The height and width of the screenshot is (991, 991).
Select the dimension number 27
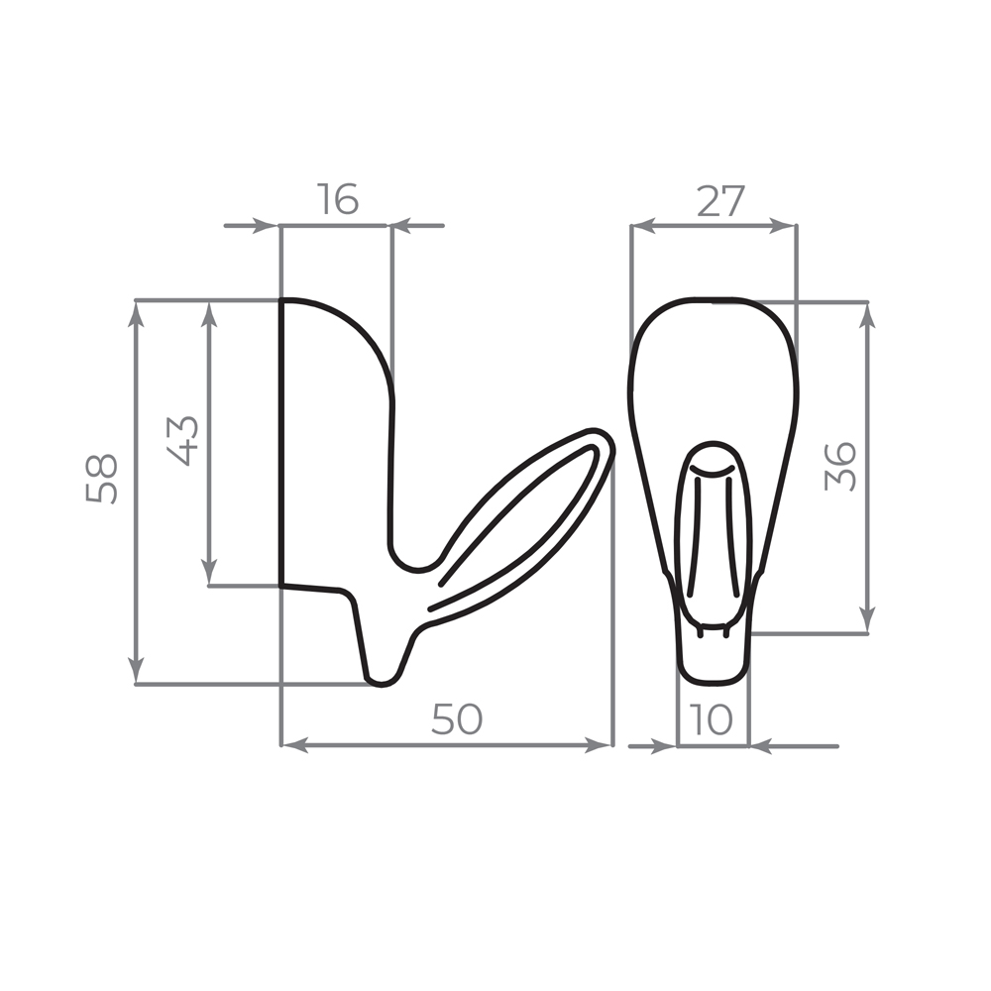[x=720, y=201]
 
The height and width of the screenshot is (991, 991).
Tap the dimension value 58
[x=102, y=479]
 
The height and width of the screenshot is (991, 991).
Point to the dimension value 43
[x=182, y=441]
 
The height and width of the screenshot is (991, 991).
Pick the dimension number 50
[x=457, y=719]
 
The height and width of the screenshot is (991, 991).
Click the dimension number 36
[x=840, y=467]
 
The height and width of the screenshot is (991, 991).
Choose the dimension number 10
[x=712, y=719]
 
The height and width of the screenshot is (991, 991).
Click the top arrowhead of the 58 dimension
[x=136, y=313]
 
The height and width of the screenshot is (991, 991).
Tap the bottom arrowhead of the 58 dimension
[x=136, y=671]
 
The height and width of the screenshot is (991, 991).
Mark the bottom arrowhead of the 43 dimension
[x=209, y=573]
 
